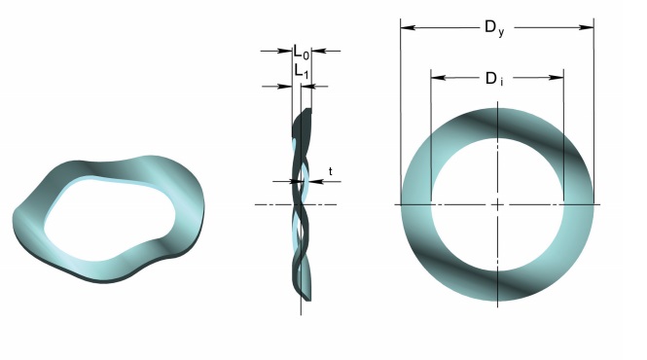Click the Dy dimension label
494,28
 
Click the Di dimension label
494,79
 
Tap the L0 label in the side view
302,52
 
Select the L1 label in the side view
302,71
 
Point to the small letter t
331,171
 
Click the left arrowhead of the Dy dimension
408,27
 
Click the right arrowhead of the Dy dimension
587,27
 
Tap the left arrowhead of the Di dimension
438,78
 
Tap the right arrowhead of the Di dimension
557,78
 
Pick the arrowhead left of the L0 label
285,52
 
